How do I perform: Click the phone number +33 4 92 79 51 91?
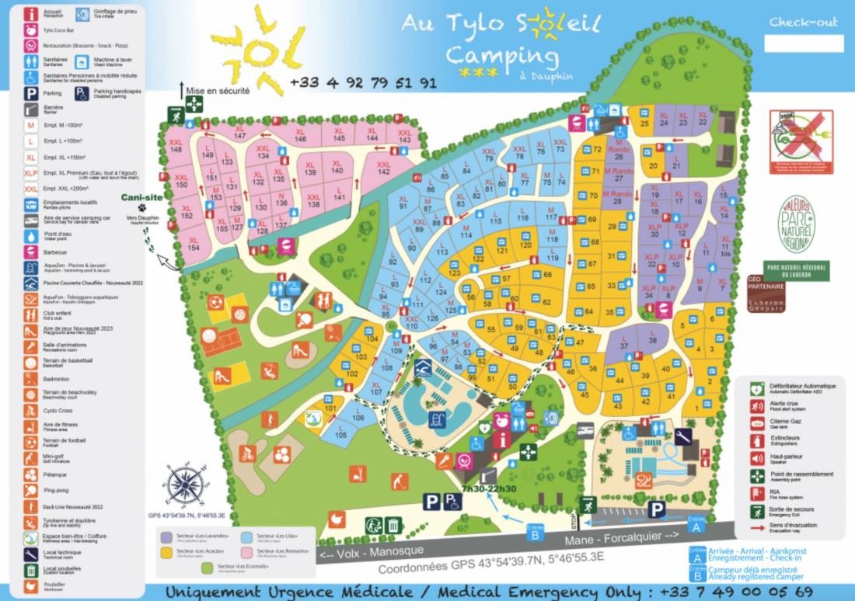tap(363, 83)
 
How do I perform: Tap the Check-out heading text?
tap(804, 22)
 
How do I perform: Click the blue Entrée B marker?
tap(535, 530)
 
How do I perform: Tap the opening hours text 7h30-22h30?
tap(488, 488)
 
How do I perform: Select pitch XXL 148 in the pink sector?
tap(176, 145)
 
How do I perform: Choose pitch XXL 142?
tap(383, 167)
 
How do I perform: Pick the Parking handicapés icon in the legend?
tap(82, 92)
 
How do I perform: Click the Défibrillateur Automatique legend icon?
tap(755, 387)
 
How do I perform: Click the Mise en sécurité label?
tap(218, 91)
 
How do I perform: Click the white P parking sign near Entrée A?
tap(657, 509)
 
